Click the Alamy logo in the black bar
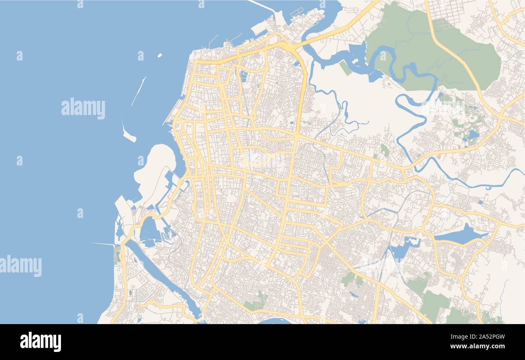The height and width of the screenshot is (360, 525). click(x=40, y=341)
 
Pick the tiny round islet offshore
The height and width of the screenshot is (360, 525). click(x=160, y=55)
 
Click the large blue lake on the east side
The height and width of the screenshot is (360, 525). click(x=460, y=235)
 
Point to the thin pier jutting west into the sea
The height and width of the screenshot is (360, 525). click(x=103, y=244)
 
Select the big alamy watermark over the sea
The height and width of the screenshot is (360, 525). click(x=83, y=109)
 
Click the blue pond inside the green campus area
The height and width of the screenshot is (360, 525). click(x=472, y=134)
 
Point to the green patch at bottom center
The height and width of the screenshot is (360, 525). click(x=256, y=303)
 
